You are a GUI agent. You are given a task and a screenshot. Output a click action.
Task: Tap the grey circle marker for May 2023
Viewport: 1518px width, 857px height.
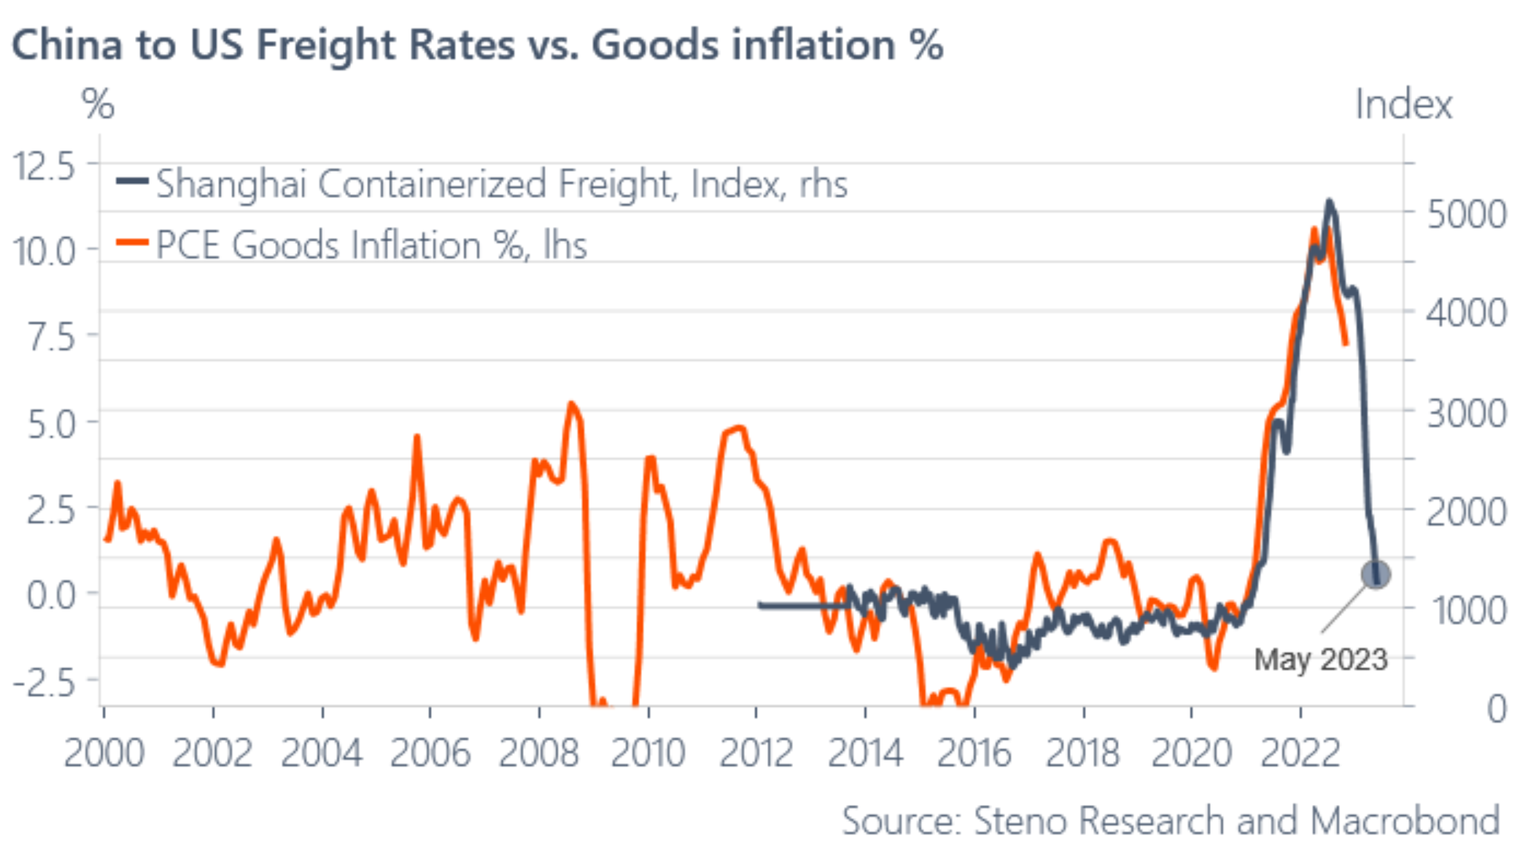tap(1375, 574)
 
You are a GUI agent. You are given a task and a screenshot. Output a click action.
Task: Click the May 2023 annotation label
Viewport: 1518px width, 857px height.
tap(1321, 660)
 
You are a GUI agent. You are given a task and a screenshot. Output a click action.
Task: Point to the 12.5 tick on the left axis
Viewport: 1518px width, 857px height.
tap(44, 167)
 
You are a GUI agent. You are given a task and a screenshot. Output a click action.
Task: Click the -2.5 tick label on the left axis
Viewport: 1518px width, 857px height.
tap(44, 682)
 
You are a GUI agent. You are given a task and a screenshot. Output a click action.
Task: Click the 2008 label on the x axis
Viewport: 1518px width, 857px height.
tap(539, 752)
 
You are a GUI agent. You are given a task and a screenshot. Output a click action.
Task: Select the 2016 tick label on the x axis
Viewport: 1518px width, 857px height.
tap(974, 752)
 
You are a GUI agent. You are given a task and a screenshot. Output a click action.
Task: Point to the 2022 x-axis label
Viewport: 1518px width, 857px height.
tap(1300, 752)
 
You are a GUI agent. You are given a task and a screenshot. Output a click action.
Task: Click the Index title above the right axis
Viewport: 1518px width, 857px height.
tap(1404, 104)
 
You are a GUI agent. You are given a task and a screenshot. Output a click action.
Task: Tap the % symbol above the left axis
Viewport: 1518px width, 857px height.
tap(98, 104)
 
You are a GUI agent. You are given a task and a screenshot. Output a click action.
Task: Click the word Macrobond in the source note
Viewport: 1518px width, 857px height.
tap(1405, 820)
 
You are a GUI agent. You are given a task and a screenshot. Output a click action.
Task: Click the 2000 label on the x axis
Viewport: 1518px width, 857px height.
tap(104, 752)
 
